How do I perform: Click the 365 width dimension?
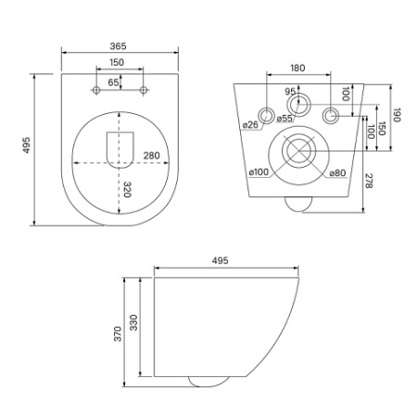(118, 46)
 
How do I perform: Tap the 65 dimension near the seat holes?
(113, 82)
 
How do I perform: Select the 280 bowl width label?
(151, 156)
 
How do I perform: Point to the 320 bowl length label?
(127, 189)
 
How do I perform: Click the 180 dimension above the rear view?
(297, 68)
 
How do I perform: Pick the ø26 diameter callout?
(250, 125)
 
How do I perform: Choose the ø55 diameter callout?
(284, 118)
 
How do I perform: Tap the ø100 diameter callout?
(259, 171)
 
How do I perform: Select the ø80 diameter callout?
(337, 173)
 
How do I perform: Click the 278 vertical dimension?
(369, 181)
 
